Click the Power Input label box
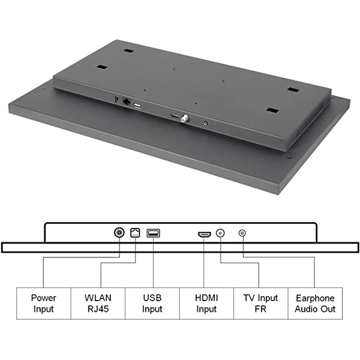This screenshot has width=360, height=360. click(x=44, y=303)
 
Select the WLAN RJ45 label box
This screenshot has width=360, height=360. click(x=98, y=303)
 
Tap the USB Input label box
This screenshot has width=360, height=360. click(x=152, y=303)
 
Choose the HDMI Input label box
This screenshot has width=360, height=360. click(x=206, y=303)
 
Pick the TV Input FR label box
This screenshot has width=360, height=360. click(x=261, y=303)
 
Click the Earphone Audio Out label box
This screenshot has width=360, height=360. click(x=315, y=303)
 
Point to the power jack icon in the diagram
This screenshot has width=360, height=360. click(x=119, y=233)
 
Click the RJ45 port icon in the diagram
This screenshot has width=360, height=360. click(x=135, y=233)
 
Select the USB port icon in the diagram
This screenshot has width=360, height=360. click(x=153, y=233)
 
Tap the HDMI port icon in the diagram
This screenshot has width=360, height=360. click(x=205, y=235)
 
